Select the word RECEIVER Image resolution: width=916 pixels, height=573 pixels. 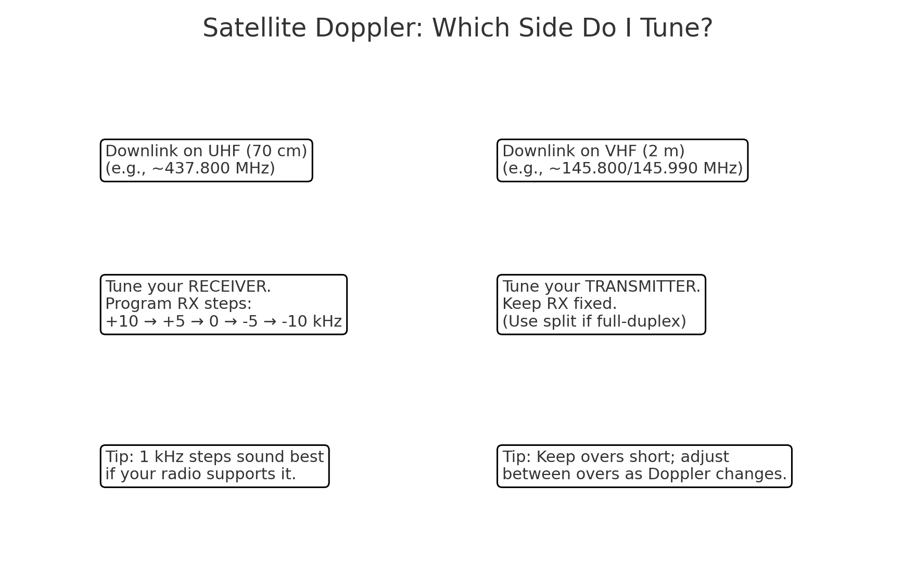tap(229, 286)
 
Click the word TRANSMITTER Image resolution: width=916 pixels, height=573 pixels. tap(643, 286)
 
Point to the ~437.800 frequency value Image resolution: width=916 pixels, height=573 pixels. tap(183, 168)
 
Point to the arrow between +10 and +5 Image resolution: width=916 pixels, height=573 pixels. tap(150, 321)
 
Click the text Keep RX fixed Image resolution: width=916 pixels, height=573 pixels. tap(559, 304)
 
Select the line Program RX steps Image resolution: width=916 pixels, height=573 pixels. tap(179, 304)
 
